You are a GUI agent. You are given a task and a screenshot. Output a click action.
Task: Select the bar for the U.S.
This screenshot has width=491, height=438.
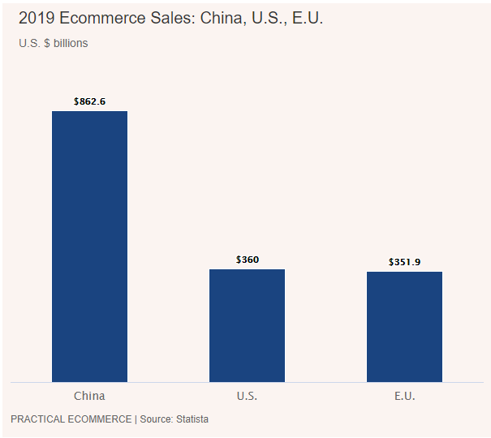tap(247, 324)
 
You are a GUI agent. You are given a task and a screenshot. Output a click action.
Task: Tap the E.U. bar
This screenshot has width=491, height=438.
tap(404, 326)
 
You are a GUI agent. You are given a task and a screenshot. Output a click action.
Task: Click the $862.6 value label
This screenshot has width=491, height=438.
tap(89, 101)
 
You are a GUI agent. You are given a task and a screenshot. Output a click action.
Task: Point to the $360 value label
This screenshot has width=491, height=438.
tap(248, 260)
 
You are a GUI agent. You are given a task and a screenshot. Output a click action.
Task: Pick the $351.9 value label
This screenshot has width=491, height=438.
tap(404, 262)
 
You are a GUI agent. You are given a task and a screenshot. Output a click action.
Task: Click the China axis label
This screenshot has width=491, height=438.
tap(89, 396)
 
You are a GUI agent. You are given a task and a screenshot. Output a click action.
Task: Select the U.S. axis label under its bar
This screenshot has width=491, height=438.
tap(247, 396)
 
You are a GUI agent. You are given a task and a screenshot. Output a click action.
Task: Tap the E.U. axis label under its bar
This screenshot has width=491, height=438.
tap(404, 396)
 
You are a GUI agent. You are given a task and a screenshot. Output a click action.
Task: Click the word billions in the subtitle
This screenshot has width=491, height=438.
tap(71, 43)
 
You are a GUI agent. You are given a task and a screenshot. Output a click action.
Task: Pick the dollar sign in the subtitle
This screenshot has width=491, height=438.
tap(45, 43)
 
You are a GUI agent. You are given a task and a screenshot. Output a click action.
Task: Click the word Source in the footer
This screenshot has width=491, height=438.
tap(155, 419)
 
